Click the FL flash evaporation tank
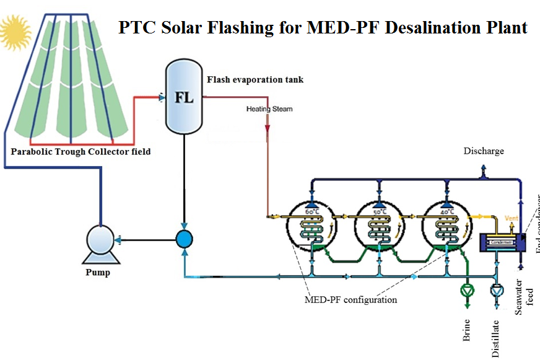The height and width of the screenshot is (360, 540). (x=185, y=97)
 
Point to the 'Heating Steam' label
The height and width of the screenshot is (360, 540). (x=269, y=109)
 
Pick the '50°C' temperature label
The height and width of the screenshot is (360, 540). (x=379, y=211)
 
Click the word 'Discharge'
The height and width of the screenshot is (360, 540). (x=484, y=151)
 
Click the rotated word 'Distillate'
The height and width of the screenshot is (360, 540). (x=495, y=338)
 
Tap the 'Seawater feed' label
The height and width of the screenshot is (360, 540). (x=525, y=298)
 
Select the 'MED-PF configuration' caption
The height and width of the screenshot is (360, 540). (x=351, y=301)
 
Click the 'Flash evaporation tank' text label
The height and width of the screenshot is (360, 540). (x=255, y=80)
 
